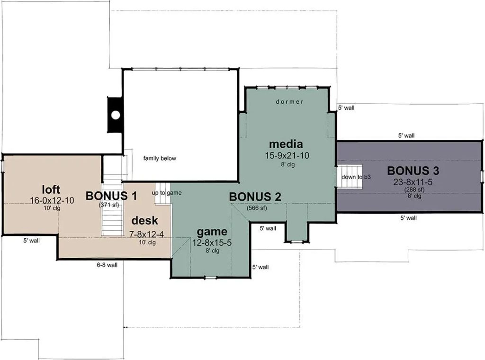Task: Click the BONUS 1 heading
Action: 111,196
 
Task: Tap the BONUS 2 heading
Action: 255,197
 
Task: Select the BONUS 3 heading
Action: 413,171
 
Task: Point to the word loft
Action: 51,189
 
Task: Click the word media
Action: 286,144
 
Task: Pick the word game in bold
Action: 212,232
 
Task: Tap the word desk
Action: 145,221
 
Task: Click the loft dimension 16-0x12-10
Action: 52,200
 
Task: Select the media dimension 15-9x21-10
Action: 287,155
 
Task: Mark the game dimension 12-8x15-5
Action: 212,243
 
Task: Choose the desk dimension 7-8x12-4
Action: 146,235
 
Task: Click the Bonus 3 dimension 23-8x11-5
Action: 413,182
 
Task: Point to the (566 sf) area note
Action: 256,208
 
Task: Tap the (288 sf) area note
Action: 414,189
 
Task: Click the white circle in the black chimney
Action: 116,115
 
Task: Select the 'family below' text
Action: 160,158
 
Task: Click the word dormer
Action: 289,101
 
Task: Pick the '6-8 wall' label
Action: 107,265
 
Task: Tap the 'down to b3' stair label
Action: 356,177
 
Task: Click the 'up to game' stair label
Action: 167,193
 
